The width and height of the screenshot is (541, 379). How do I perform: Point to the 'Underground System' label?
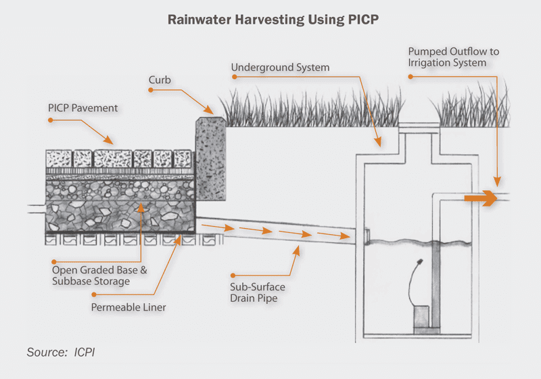coord(280,68)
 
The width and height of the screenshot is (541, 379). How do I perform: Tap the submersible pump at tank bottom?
coord(424,318)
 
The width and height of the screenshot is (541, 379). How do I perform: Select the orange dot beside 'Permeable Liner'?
coord(93,295)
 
